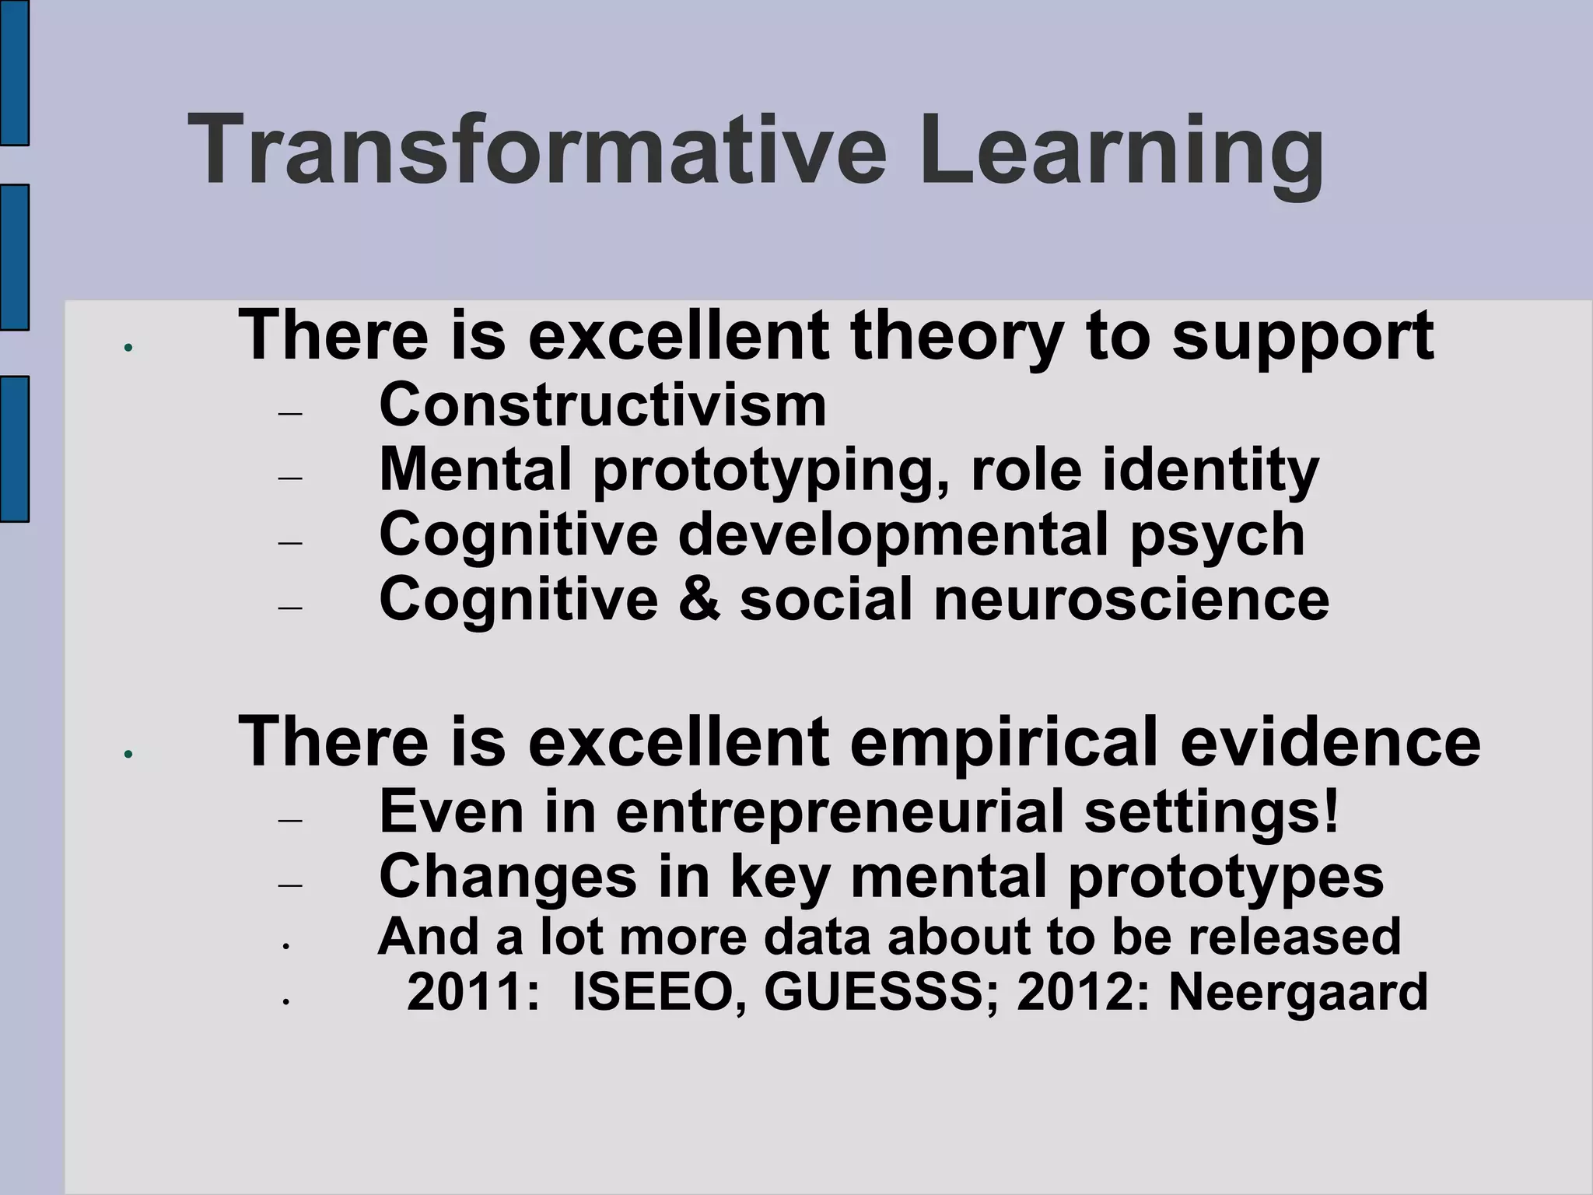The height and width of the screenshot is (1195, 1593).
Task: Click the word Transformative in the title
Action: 537,149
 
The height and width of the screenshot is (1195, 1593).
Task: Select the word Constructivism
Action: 603,405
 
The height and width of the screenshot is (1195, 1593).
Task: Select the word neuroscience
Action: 1132,600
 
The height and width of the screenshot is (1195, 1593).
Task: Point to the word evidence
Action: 1330,741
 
